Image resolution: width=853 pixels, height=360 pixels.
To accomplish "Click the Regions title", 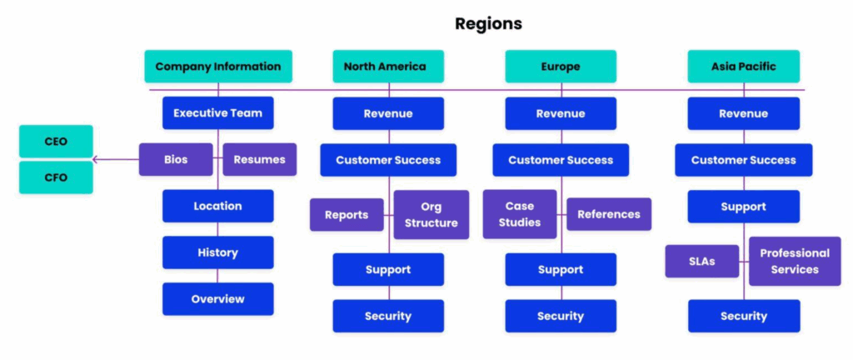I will click(488, 23).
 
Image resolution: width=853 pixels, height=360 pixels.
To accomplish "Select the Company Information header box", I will click(217, 67).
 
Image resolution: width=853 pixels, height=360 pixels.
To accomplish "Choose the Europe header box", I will click(561, 67).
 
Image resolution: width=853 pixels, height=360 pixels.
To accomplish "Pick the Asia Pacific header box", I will click(743, 67).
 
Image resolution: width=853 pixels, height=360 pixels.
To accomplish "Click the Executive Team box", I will click(217, 113).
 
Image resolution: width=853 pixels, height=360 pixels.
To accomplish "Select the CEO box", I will click(56, 142).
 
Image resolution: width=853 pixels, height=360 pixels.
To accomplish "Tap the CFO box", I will click(56, 177).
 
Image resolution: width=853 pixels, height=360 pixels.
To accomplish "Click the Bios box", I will click(176, 159).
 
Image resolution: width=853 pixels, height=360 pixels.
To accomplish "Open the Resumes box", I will click(259, 159).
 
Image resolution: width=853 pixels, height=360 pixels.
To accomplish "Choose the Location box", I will click(217, 206).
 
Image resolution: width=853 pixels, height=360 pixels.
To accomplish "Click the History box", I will click(217, 252).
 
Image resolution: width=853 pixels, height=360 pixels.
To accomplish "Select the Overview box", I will click(217, 299).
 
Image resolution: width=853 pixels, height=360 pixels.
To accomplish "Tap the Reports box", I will click(347, 215).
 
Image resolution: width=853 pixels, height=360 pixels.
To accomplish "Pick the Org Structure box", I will click(431, 215).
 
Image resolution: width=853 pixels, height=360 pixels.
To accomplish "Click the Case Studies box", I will click(520, 214).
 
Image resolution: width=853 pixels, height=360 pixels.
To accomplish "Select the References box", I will click(609, 214).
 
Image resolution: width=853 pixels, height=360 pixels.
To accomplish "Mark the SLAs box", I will click(702, 261).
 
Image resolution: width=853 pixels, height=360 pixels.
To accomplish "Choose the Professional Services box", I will click(795, 261).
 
